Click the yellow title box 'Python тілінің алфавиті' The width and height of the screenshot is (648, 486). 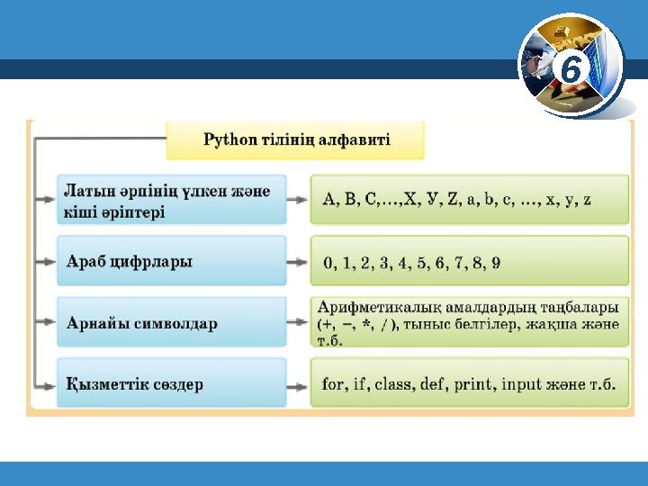point(295,140)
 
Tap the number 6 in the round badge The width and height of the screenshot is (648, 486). point(572,69)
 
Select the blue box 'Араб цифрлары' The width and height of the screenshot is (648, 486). point(171,261)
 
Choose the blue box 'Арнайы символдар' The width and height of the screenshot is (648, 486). point(171,323)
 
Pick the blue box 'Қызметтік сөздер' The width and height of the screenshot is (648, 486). point(171,384)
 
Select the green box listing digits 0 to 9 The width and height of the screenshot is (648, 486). point(469,262)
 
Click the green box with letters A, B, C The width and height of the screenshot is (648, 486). point(469,200)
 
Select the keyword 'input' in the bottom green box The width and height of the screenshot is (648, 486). point(523,384)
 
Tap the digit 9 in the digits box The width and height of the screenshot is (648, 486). point(496,263)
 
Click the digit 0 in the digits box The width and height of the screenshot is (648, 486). point(328,263)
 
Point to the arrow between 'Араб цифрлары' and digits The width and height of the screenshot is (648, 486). point(298,262)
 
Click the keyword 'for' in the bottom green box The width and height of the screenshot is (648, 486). point(333,384)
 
